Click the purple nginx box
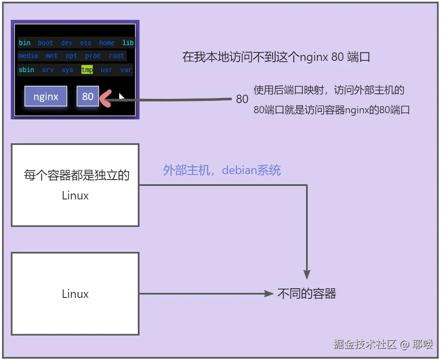[x=46, y=96]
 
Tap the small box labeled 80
[x=88, y=96]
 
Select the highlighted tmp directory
[x=87, y=70]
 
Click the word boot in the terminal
[x=45, y=43]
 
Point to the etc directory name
[x=86, y=43]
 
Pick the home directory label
[x=107, y=43]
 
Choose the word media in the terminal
[x=28, y=56]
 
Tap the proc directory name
[x=93, y=56]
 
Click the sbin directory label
[x=26, y=70]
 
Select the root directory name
[x=117, y=56]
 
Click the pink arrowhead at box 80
[x=104, y=99]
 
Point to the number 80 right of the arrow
[x=242, y=99]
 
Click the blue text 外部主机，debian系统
[x=222, y=170]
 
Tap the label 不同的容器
[x=306, y=294]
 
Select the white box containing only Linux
[x=75, y=294]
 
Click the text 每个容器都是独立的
[x=76, y=175]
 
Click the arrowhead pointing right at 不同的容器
[x=269, y=294]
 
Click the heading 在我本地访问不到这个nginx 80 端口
[x=276, y=57]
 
